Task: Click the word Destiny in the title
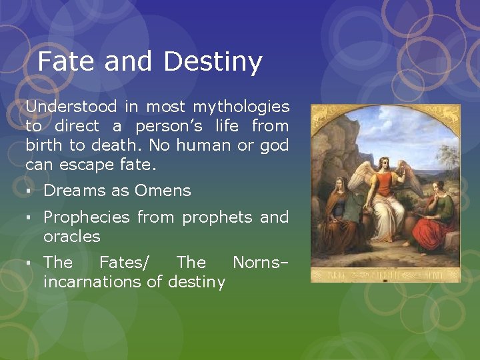213,63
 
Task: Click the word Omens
162,191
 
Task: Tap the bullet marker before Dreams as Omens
29,191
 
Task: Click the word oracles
71,237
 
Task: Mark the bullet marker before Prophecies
29,218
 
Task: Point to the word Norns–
260,262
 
